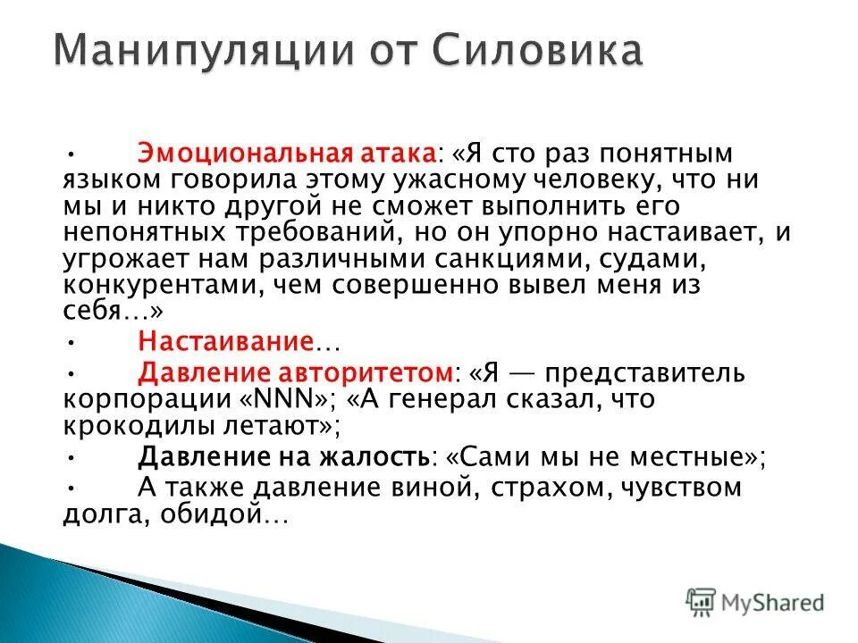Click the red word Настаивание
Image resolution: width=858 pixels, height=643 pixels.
click(x=225, y=342)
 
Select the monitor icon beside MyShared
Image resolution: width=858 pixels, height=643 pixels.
click(x=702, y=602)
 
